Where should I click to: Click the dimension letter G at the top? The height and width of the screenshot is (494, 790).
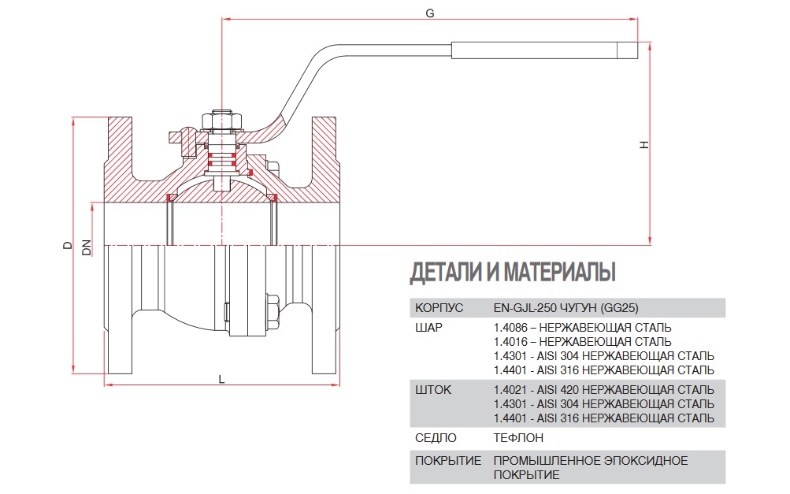[429, 13]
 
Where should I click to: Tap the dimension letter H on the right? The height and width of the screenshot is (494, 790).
[643, 145]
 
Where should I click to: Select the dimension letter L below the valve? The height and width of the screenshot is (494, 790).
[222, 379]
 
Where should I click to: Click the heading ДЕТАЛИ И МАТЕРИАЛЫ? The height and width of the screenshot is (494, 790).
[512, 273]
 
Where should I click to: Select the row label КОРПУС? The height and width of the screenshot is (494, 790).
[439, 308]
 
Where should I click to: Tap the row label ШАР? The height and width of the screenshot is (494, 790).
[428, 327]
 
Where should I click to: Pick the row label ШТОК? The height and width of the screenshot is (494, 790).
[432, 390]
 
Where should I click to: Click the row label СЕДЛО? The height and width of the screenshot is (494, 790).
[434, 437]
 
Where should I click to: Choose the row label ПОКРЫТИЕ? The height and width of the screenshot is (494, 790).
[447, 460]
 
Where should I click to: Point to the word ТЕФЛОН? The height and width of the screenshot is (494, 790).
[517, 437]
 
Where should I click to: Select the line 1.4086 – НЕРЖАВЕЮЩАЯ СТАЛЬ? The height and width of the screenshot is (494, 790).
[582, 327]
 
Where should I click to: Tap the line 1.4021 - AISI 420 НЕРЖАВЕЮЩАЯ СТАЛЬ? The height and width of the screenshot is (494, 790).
[603, 390]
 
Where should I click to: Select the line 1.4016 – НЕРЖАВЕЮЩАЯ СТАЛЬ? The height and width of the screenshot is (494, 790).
[582, 341]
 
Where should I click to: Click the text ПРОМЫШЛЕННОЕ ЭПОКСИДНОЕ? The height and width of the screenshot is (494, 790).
[590, 460]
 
